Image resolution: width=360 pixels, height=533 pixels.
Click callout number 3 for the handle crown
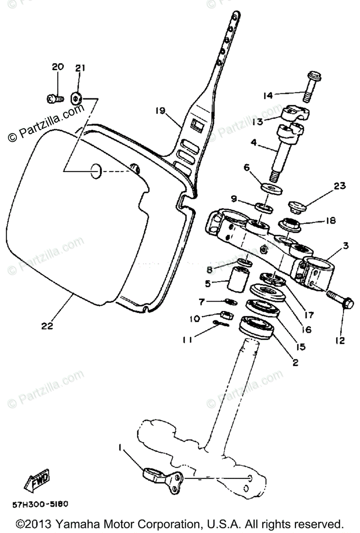point(345,245)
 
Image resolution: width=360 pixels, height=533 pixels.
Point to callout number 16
point(306,330)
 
